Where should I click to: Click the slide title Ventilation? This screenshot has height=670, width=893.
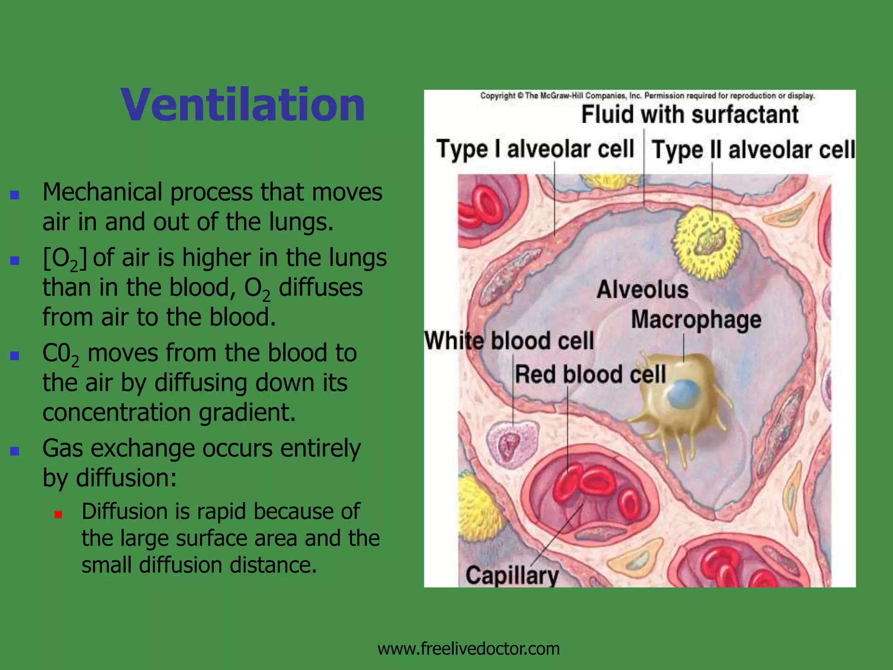242,105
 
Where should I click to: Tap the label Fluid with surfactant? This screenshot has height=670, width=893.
690,115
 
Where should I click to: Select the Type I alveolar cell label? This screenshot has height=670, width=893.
535,149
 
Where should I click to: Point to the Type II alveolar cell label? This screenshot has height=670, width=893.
753,150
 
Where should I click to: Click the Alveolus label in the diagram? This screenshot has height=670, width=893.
642,290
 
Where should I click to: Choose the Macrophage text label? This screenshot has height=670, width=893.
696,320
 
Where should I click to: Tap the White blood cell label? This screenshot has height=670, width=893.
509,341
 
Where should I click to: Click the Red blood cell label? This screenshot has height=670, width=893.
590,375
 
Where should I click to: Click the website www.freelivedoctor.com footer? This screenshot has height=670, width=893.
468,649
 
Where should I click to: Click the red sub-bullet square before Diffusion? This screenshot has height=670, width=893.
58,515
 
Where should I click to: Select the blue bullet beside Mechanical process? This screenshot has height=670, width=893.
15,195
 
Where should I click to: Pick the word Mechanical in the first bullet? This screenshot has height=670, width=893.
102,192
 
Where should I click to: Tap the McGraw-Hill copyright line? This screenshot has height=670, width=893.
647,96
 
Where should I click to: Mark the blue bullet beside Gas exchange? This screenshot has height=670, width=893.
15,451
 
